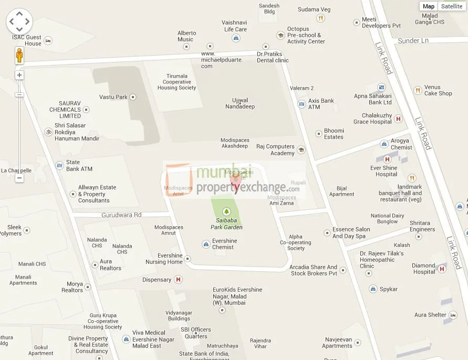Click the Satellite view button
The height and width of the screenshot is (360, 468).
[x=452, y=6]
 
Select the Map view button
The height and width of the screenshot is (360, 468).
[x=429, y=6]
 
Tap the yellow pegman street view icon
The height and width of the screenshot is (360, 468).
[x=19, y=55]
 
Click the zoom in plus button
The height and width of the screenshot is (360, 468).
[x=19, y=75]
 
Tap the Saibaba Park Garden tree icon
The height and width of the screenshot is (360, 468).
[x=227, y=211]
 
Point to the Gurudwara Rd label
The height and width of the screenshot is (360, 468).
[x=122, y=215]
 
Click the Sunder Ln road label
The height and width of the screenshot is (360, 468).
[x=413, y=41]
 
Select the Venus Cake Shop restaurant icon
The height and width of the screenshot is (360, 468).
[x=418, y=90]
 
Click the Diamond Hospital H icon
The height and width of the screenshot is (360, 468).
[x=442, y=269]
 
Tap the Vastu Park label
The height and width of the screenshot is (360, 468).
[x=113, y=97]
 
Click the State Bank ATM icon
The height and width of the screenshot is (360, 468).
[x=59, y=165]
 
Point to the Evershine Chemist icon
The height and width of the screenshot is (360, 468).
[x=205, y=244]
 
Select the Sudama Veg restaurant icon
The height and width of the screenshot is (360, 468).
[x=320, y=18]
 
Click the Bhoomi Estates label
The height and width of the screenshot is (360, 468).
[x=334, y=134]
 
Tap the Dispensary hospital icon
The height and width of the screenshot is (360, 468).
[x=179, y=280]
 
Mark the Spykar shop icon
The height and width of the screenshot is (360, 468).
[x=373, y=289]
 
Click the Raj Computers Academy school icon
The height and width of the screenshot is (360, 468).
[x=301, y=150]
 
